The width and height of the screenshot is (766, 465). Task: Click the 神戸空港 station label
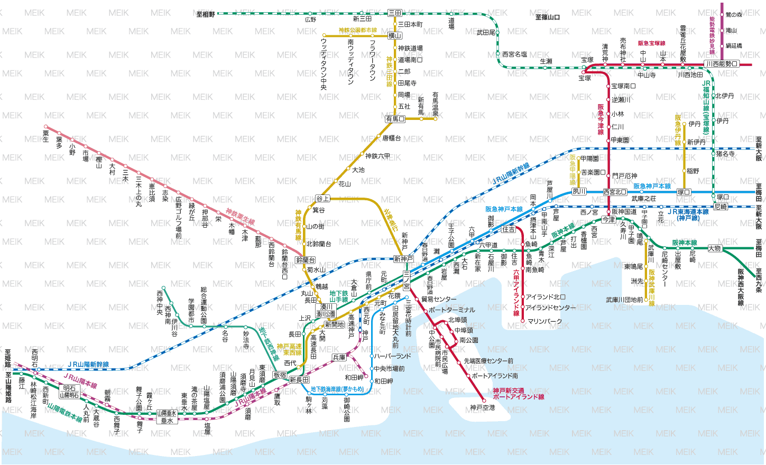coord(482,408)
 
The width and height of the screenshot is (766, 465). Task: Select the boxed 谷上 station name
coord(322,199)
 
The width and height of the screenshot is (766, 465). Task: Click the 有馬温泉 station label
coord(435,104)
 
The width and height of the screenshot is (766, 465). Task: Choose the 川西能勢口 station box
coord(721,64)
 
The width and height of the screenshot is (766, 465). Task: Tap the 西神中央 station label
coord(160,302)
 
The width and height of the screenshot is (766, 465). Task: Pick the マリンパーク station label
coord(544,321)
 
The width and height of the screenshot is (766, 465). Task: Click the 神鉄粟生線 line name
coord(241,217)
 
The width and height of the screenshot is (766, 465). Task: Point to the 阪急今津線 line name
coord(601,119)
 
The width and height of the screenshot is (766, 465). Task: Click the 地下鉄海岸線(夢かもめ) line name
coord(337,389)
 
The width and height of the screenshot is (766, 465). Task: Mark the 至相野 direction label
coord(206,14)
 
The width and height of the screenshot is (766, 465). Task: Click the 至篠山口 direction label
coord(547,17)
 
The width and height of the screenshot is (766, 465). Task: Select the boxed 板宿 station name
coord(280,375)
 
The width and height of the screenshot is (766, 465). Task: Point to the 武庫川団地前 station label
coord(624,300)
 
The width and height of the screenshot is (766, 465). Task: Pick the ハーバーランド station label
coord(392,356)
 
